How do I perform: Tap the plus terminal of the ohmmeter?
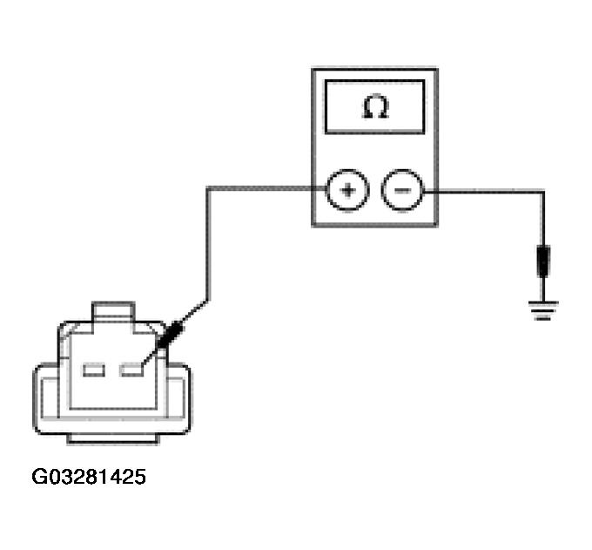pyautogui.click(x=346, y=190)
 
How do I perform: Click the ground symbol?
pyautogui.click(x=543, y=308)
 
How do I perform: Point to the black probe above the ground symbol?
pyautogui.click(x=543, y=260)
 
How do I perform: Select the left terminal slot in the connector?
pyautogui.click(x=93, y=370)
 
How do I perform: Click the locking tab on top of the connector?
pyautogui.click(x=113, y=311)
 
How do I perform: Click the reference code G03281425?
pyautogui.click(x=89, y=477)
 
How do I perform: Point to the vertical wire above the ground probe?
pyautogui.click(x=543, y=218)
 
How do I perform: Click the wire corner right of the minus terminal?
pyautogui.click(x=543, y=191)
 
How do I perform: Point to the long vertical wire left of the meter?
pyautogui.click(x=207, y=244)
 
